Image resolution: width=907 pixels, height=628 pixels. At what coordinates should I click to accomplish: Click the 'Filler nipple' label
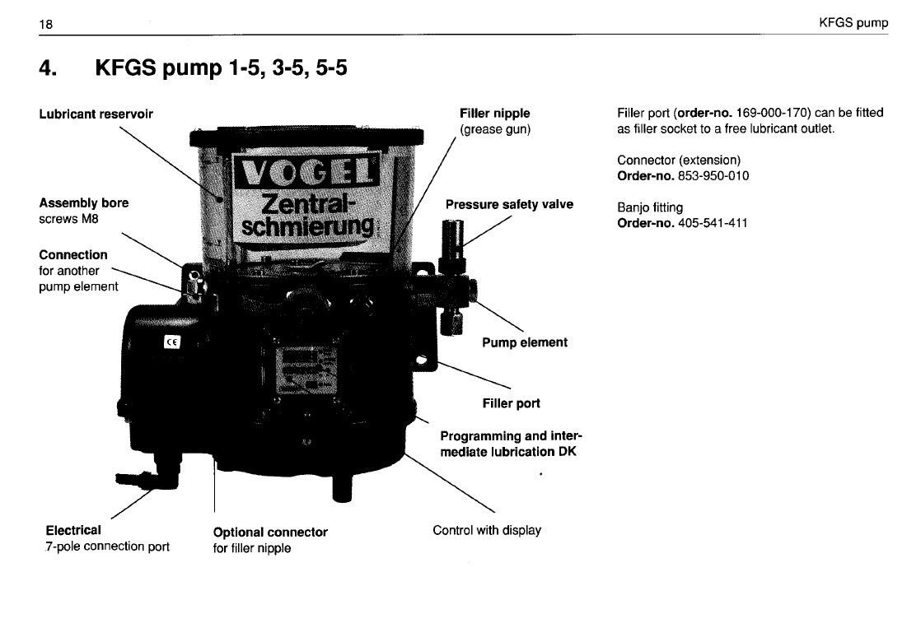pos(494,113)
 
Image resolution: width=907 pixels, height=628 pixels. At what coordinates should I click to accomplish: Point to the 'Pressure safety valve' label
pos(509,204)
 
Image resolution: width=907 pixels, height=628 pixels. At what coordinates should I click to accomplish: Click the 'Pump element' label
pos(524,342)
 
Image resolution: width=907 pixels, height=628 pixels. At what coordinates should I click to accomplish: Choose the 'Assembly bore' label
pos(83,202)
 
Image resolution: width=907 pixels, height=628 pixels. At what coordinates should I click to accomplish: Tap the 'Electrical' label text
pos(74,530)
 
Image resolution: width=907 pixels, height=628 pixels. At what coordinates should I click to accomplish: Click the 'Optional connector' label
pos(270,532)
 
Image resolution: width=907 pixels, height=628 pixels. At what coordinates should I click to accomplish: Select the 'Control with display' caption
pos(487,530)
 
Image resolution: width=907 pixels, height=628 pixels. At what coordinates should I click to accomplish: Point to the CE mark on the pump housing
pos(174,342)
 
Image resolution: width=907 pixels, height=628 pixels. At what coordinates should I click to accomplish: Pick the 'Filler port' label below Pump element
pos(511,403)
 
